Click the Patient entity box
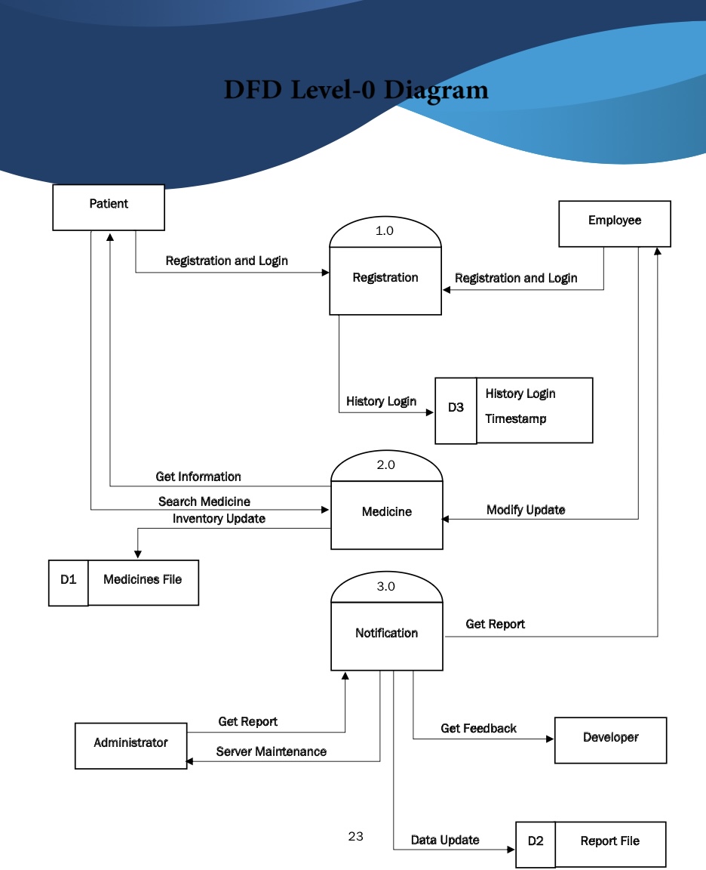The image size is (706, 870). (x=109, y=206)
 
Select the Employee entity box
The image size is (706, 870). (x=614, y=223)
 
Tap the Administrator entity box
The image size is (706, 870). (x=130, y=745)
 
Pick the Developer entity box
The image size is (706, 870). (x=610, y=739)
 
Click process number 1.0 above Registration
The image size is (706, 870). (x=385, y=231)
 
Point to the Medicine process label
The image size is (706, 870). (x=387, y=512)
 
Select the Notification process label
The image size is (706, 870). (x=386, y=634)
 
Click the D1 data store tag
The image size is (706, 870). (x=69, y=581)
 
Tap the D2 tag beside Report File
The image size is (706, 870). (x=536, y=842)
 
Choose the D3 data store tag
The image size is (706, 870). (x=456, y=409)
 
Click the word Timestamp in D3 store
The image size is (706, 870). (x=515, y=419)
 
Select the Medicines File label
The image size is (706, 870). (x=143, y=580)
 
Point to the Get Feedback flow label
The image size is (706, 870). (x=478, y=729)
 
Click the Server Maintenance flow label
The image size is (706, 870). (x=271, y=752)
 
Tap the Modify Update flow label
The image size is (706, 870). (x=525, y=511)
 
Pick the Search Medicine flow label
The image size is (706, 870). (x=204, y=502)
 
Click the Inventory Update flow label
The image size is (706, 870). (x=219, y=520)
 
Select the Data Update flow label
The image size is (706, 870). (x=444, y=841)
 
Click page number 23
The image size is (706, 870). (x=355, y=837)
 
